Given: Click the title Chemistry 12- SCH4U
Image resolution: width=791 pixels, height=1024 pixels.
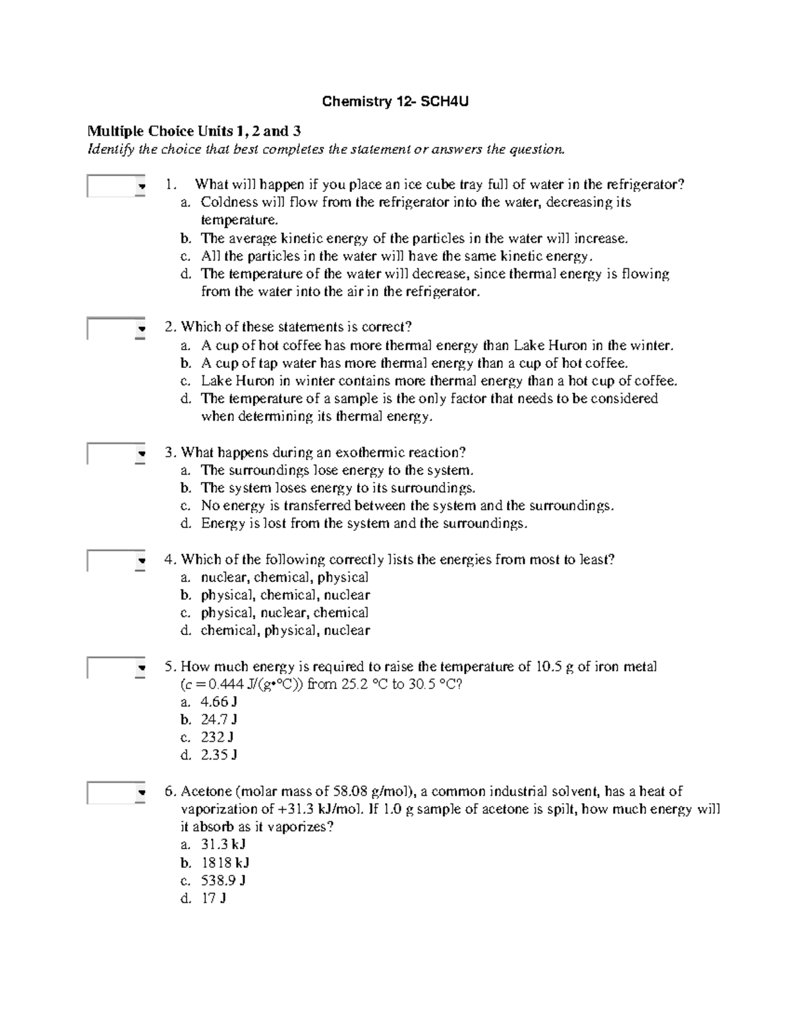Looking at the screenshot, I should click(395, 102).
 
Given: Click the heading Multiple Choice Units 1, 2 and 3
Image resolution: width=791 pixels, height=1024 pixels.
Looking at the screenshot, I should click(194, 131).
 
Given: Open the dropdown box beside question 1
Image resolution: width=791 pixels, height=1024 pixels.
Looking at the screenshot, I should click(116, 187).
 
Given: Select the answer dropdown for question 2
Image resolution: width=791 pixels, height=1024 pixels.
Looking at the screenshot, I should click(116, 328).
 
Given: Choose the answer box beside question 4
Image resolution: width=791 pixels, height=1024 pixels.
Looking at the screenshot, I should click(116, 561).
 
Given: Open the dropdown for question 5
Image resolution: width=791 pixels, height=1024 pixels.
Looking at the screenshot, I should click(116, 668).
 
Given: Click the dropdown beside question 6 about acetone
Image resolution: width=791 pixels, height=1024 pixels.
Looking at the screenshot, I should click(116, 793).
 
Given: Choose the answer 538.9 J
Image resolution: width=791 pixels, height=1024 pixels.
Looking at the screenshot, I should click(223, 881).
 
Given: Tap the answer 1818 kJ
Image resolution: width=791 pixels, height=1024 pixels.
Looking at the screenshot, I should click(225, 863).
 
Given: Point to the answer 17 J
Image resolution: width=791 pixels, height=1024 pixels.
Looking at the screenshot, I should click(214, 899).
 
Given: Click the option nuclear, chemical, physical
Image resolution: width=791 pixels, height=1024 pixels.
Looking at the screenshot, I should click(284, 578).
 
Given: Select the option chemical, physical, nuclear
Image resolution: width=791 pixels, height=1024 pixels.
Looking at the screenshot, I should click(285, 631).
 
